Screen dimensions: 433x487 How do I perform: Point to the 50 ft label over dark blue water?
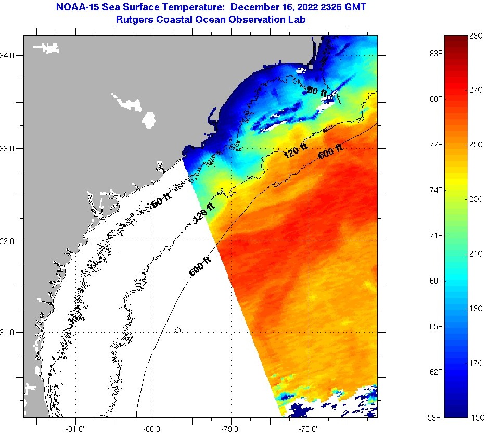point(317,92)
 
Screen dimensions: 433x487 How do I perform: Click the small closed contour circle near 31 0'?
point(178,330)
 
